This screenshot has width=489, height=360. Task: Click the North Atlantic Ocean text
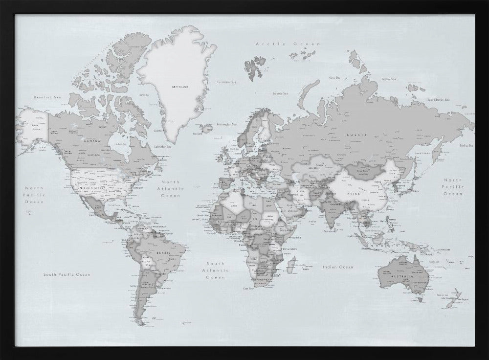tap(170, 188)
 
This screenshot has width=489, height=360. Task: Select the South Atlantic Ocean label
tap(215, 270)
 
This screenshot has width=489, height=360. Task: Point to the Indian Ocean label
tap(337, 267)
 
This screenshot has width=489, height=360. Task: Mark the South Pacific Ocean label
tap(67, 274)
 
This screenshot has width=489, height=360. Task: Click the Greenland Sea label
tap(226, 82)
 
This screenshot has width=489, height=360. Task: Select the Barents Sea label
tap(280, 93)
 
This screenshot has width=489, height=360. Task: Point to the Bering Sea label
tap(466, 146)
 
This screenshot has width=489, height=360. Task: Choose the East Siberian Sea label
tap(438, 100)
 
